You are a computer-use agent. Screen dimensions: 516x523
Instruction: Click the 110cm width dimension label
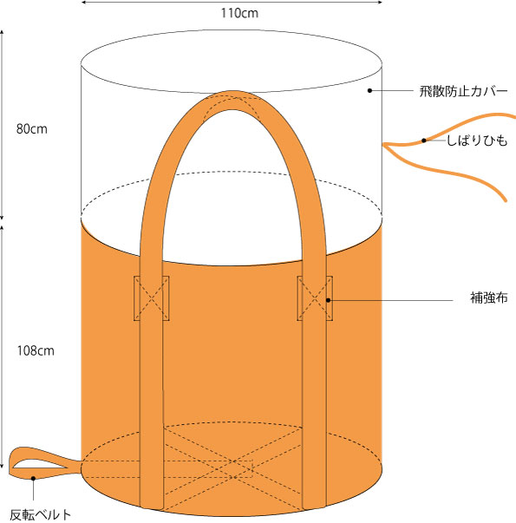click(239, 13)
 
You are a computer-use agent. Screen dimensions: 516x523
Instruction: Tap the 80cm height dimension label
click(32, 129)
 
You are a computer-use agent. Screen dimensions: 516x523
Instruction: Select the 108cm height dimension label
click(36, 351)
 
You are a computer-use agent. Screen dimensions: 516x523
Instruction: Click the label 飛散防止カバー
click(463, 91)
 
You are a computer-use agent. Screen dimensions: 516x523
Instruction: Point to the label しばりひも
click(477, 141)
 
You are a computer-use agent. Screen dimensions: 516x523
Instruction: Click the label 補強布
click(488, 297)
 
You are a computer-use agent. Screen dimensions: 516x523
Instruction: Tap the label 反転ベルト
click(41, 514)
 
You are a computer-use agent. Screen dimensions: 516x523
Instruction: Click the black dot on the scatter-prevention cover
click(369, 90)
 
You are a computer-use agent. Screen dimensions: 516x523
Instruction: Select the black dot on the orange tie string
click(423, 141)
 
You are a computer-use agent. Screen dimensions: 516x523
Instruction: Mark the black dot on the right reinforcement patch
click(328, 300)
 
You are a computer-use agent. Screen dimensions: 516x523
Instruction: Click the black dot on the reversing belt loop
click(33, 478)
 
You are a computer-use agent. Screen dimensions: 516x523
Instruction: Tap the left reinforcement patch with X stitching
click(152, 298)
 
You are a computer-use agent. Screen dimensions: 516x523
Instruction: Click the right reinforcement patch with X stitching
click(315, 298)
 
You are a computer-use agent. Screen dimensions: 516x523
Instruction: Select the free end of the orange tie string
click(505, 200)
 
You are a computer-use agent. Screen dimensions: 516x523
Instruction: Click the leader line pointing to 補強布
click(390, 300)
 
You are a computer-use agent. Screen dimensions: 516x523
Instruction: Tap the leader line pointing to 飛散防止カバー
click(392, 90)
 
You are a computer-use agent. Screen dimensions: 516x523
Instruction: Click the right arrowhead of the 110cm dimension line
click(380, 2)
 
